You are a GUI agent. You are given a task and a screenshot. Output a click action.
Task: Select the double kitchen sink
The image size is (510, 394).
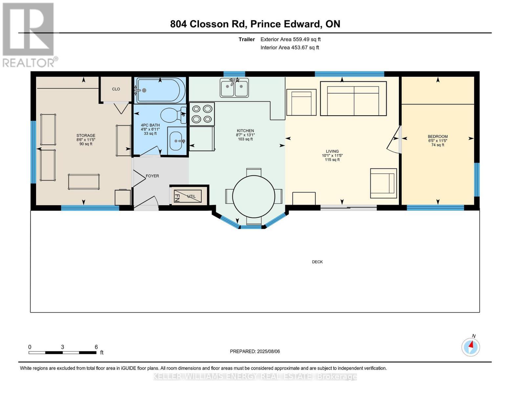(234, 88)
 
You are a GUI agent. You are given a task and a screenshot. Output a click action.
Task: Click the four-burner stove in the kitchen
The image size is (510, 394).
(202, 114)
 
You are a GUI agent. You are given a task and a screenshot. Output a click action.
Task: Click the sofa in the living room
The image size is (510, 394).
(353, 98)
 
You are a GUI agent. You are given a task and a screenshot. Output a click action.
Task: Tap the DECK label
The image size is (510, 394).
(317, 262)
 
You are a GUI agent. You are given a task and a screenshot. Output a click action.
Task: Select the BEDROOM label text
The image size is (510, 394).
(437, 137)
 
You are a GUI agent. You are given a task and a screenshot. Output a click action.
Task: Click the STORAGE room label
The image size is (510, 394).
(86, 136)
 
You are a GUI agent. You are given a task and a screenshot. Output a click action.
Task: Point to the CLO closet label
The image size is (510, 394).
(116, 89)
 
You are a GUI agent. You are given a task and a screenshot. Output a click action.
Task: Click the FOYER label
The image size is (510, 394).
(152, 176)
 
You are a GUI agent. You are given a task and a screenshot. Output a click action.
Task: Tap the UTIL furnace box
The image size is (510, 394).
(188, 196)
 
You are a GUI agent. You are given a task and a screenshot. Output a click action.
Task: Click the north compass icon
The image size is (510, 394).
(471, 347)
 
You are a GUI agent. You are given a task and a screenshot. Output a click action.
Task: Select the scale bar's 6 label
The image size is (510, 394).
(96, 347)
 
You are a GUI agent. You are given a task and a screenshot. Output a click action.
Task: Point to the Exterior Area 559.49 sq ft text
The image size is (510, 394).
(290, 39)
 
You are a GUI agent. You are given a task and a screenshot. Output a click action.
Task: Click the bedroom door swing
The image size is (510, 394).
(393, 140)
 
